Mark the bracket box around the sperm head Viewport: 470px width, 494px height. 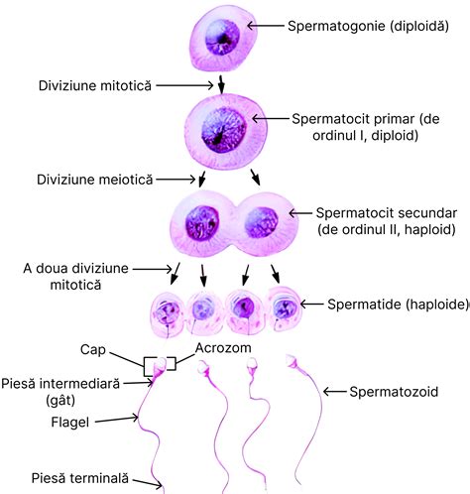(x=160, y=365)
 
